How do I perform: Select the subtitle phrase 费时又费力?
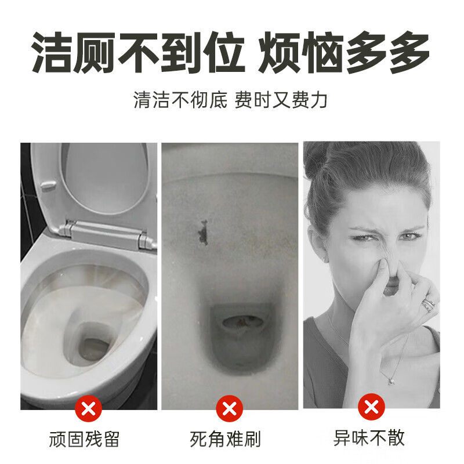[x=281, y=100]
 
